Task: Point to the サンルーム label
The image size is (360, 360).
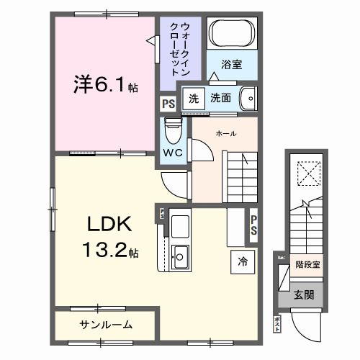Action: tap(105, 325)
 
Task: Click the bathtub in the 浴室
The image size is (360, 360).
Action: tap(231, 35)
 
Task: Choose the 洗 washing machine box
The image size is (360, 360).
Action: tap(193, 98)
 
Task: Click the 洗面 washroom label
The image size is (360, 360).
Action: tap(220, 98)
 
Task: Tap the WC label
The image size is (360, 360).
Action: tap(172, 153)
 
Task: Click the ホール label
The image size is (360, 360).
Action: tap(226, 134)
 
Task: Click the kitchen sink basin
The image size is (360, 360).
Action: tap(181, 254)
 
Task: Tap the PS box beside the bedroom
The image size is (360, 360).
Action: tap(168, 104)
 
